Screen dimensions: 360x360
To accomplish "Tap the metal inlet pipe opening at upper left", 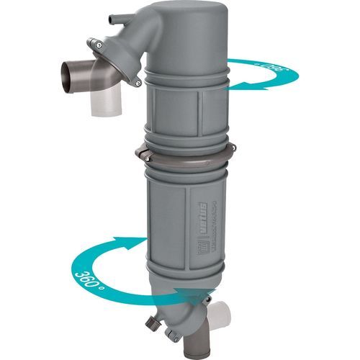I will pyautogui.click(x=66, y=73).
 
